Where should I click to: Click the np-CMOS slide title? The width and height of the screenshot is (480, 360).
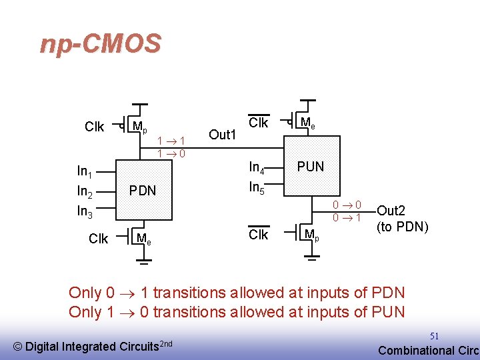101,44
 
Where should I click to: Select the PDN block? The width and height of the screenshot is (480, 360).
144,190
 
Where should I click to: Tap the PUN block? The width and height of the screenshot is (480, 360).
312,166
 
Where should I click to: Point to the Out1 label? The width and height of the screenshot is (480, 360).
222,135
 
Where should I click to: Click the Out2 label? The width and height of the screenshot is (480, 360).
391,211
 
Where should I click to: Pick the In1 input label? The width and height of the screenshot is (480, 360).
85,171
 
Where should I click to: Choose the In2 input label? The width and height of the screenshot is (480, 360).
85,191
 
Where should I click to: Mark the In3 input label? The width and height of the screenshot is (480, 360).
85,211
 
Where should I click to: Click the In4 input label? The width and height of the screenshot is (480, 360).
257,168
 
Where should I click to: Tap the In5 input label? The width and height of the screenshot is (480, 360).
257,187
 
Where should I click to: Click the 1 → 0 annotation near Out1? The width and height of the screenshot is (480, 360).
171,153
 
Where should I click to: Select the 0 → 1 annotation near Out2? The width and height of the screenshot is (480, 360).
347,217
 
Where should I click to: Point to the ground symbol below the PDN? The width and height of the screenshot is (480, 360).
144,261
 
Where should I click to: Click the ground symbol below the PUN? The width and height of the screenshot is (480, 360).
312,258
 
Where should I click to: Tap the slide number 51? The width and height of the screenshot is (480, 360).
434,336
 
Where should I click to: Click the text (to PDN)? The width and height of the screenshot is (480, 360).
402,227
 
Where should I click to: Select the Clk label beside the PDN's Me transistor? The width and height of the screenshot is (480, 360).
98,239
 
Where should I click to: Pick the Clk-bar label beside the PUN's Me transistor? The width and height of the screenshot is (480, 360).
259,121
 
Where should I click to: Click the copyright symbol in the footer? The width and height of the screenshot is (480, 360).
18,347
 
